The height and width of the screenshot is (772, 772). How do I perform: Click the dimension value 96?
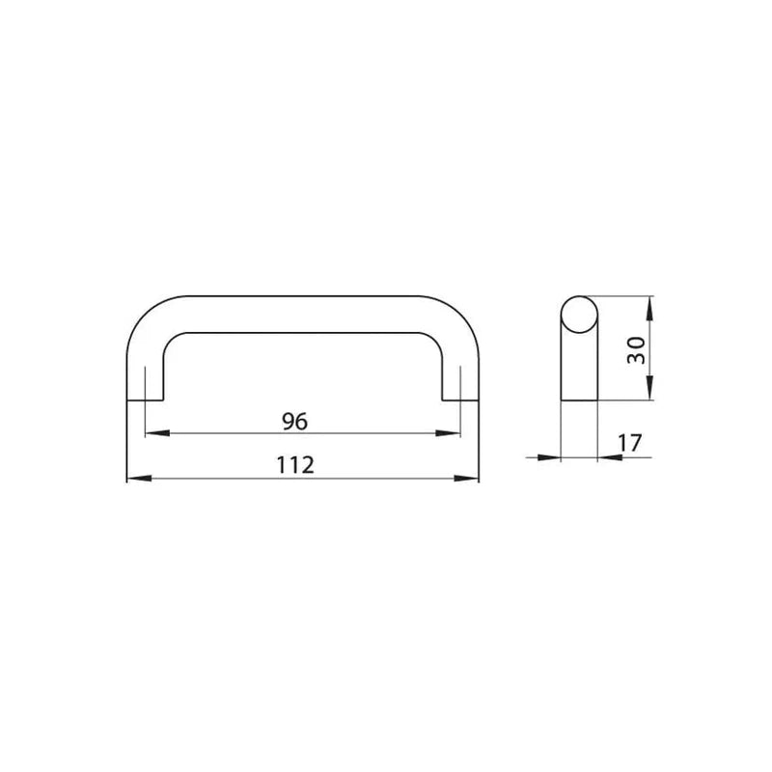[x=294, y=422]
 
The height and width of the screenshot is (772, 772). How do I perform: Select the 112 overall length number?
[x=295, y=465]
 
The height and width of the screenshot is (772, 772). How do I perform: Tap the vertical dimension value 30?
[x=636, y=350]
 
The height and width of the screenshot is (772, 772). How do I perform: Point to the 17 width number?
[x=630, y=443]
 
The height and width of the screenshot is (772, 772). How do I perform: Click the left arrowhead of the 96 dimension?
[x=157, y=433]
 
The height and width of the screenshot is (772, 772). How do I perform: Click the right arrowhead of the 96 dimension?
[x=448, y=433]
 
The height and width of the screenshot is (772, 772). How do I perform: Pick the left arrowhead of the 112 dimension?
[x=139, y=478]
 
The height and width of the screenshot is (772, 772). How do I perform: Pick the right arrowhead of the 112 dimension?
[x=466, y=478]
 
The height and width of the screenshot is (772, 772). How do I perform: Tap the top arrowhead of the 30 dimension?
[x=649, y=309]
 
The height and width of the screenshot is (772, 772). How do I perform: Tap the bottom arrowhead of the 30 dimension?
[x=649, y=388]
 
